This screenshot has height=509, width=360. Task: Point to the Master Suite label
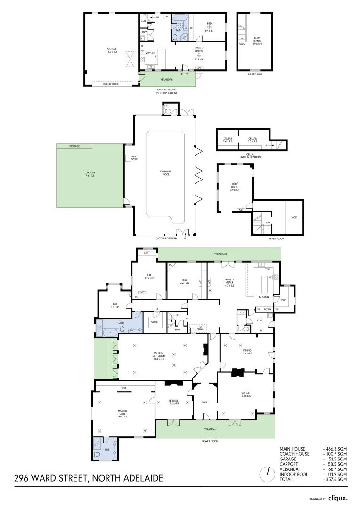[x=123, y=413]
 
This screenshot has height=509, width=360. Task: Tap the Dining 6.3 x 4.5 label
[x=247, y=352]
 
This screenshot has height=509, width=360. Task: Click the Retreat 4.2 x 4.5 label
[x=173, y=402]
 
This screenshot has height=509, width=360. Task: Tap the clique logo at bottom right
[x=338, y=498]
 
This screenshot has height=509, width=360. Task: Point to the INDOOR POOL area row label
[x=293, y=474]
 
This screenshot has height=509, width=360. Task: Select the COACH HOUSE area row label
[x=295, y=454]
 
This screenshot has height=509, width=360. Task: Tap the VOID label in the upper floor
[x=295, y=218]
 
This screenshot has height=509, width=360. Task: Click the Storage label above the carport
[x=74, y=147]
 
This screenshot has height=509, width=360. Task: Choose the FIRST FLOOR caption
[x=255, y=74]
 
